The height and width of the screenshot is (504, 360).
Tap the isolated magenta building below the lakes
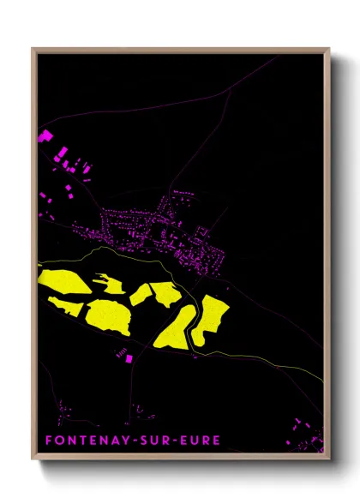pos(129,359)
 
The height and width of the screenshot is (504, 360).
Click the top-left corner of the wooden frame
pos(33,49)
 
